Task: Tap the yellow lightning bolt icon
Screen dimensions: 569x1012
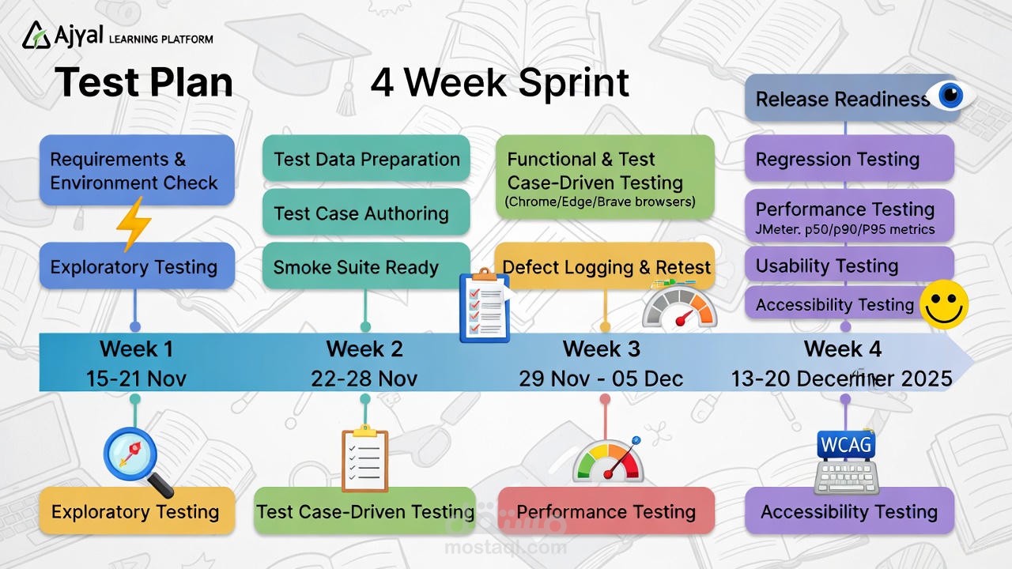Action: [x=134, y=224]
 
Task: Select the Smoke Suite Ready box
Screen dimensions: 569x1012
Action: [x=365, y=266]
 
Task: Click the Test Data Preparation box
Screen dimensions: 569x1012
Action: [x=366, y=159]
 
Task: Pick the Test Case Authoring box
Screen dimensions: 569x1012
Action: [x=366, y=213]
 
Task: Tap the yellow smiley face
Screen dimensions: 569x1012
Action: [x=944, y=304]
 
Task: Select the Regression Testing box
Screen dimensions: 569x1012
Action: [x=848, y=159]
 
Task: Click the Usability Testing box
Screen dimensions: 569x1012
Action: [x=848, y=266]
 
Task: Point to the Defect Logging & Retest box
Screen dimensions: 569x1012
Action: [x=606, y=266]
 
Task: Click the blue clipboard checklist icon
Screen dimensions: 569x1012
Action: [x=484, y=306]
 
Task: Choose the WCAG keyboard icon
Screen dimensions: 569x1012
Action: [x=846, y=462]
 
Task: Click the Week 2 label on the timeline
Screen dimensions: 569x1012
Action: [x=364, y=349]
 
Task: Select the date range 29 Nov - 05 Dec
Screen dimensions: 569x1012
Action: [x=601, y=379]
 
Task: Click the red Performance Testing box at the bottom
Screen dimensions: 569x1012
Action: [x=606, y=511]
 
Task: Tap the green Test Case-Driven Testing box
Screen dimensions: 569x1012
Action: [x=364, y=511]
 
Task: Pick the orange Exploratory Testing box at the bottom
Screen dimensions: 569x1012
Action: [x=135, y=511]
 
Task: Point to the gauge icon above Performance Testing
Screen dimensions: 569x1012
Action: [x=607, y=462]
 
